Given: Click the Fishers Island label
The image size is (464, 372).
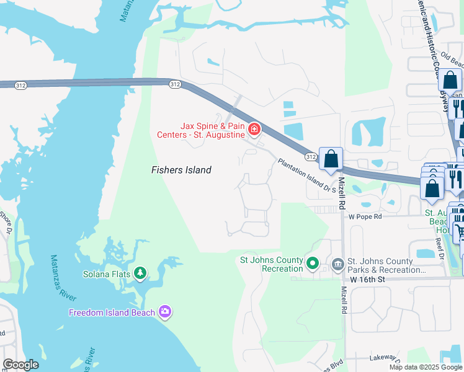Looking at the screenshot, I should click(182, 170).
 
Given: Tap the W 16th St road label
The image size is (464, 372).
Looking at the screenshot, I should click(367, 280).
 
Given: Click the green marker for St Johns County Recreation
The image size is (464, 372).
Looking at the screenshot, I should click(313, 265).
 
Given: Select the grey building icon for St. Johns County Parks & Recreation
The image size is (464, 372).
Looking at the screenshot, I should click(337, 265).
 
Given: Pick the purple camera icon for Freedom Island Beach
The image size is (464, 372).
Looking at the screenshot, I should click(164, 312).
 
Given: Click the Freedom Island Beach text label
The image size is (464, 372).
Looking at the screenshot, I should click(112, 312).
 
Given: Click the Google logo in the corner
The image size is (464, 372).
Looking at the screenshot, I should click(20, 365).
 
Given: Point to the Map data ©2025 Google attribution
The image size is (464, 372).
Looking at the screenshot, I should click(426, 367).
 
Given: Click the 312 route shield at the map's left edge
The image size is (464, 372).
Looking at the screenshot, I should click(19, 84).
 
